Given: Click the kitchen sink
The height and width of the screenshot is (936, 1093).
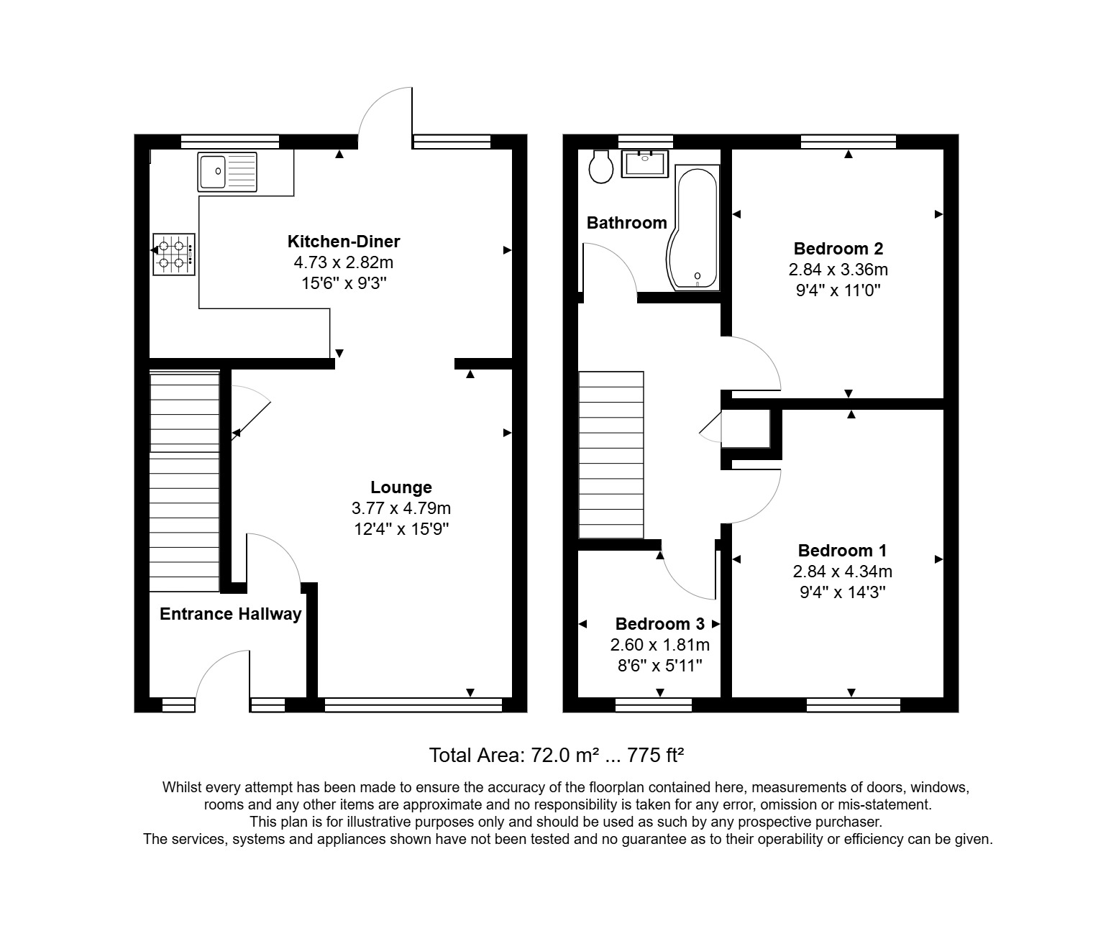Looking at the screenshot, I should [x=227, y=172].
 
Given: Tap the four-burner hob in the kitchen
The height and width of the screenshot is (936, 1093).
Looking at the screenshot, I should [x=173, y=254].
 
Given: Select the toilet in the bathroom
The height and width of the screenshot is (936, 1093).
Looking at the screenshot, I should [x=600, y=167].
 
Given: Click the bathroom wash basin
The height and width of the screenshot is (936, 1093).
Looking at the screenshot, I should [x=645, y=164].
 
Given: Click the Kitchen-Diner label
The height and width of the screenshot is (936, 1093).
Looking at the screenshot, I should [x=344, y=242].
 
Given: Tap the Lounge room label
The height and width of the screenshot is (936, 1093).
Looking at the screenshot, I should [x=401, y=487].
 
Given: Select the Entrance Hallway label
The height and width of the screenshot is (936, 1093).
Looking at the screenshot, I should [x=230, y=614].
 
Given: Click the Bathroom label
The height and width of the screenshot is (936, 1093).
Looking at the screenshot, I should [x=627, y=223].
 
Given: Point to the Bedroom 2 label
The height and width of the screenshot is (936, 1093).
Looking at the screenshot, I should [x=838, y=249].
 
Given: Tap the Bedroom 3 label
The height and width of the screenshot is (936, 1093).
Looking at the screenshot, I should [x=660, y=624].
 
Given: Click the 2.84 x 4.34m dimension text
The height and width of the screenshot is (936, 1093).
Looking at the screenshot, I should [x=842, y=572].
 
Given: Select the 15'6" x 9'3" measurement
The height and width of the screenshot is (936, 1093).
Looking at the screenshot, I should [x=344, y=283].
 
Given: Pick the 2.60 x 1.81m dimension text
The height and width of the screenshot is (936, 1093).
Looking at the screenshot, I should [x=660, y=645].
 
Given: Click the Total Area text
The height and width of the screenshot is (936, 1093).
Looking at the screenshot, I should [x=556, y=756].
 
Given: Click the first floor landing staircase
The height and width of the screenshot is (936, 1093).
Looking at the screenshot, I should [x=611, y=454].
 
